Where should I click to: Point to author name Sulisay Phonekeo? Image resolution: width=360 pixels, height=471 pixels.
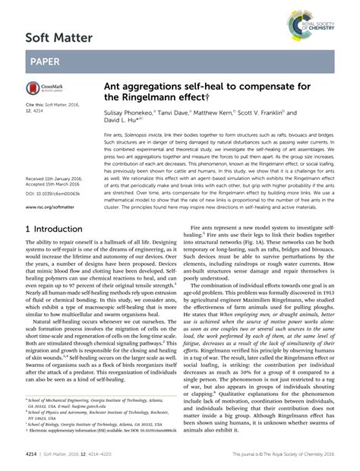127,112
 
